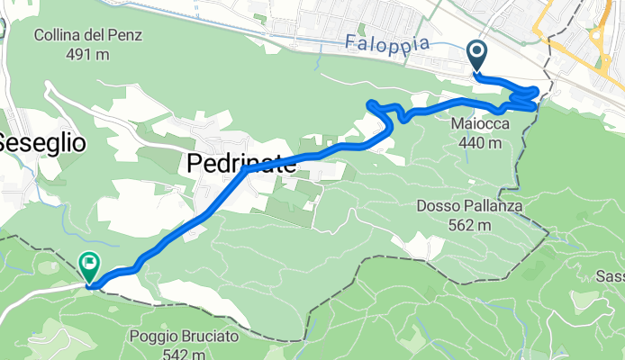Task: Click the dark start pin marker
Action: coord(477,56)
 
